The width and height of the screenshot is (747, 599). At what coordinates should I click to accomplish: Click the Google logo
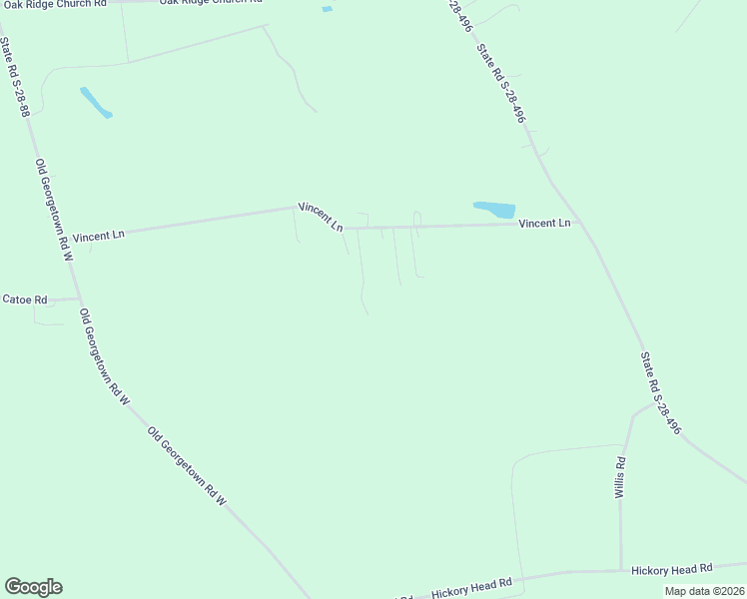pos(33,587)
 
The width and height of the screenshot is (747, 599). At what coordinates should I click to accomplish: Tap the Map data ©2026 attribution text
pos(703,590)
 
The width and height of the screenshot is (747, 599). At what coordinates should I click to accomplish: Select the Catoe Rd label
pos(25,299)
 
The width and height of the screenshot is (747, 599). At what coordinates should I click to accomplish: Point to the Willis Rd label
pos(620,477)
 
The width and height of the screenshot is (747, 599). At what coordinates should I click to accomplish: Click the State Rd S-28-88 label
pos(15,78)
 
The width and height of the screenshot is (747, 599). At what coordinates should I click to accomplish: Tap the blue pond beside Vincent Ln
pos(494,210)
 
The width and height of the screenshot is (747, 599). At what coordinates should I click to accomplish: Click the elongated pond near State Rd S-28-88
pos(96,102)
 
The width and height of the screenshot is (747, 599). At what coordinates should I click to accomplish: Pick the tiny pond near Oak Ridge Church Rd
pos(328,10)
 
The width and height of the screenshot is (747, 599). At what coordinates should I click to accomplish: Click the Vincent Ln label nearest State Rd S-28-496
pos(544,223)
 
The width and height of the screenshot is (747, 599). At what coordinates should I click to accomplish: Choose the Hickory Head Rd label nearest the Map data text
pos(671,569)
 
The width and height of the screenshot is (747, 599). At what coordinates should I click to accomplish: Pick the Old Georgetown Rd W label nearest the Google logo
pos(188,465)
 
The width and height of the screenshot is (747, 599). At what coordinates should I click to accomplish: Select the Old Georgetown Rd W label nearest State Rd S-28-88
pos(55,210)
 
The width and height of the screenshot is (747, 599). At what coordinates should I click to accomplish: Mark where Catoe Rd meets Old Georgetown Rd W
pos(79,298)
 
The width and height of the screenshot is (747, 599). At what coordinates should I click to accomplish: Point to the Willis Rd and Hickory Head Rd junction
pos(620,571)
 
